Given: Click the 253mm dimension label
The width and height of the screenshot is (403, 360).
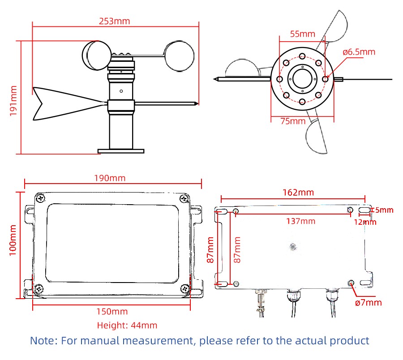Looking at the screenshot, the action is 114,21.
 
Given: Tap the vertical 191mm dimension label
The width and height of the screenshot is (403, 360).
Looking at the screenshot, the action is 13,101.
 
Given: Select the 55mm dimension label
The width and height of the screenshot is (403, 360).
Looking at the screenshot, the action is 303,34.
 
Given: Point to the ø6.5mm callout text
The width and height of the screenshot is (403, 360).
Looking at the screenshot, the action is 359,52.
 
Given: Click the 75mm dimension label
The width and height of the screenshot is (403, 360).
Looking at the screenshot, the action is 293,121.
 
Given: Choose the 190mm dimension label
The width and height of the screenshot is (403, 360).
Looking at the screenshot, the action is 110,178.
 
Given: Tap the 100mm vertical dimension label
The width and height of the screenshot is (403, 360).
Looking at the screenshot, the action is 13,240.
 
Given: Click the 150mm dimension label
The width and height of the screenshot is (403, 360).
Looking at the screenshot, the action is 112,312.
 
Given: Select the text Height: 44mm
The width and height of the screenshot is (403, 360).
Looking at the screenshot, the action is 127,326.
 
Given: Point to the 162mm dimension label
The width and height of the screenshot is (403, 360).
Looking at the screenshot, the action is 298,193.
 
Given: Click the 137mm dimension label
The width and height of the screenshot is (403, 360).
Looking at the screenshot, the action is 301,221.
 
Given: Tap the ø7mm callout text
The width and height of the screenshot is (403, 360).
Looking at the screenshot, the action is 369,302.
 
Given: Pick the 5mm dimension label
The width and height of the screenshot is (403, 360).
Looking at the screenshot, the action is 384,210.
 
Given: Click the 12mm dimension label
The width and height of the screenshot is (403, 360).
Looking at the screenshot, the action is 365,222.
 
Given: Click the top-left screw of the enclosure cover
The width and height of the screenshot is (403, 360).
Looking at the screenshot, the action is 41,198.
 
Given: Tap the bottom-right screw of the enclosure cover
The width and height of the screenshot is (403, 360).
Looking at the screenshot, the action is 185,289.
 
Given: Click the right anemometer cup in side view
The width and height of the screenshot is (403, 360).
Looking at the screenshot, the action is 180,56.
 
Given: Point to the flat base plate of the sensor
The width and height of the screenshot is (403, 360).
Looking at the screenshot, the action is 121,151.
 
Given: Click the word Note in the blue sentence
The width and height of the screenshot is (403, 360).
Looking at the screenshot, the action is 42,341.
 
